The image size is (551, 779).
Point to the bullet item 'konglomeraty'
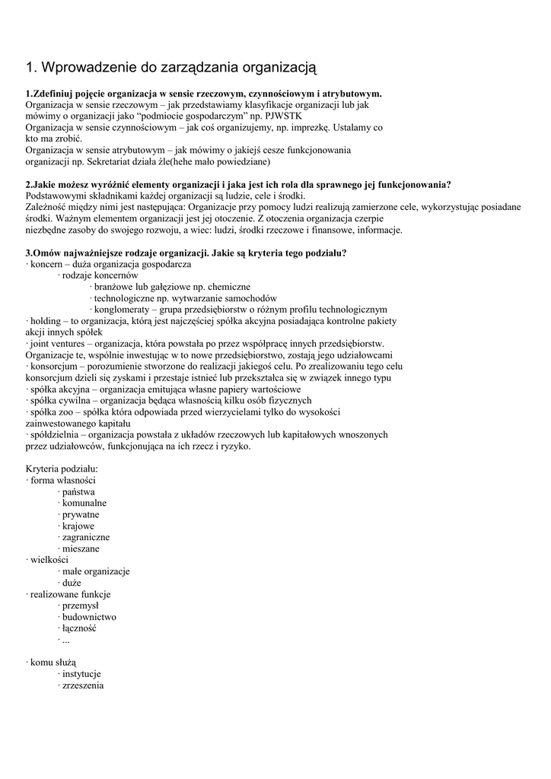[123, 310]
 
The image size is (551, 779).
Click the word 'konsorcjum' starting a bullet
[53, 366]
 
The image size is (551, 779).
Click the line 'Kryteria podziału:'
[62, 469]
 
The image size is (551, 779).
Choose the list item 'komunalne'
[84, 503]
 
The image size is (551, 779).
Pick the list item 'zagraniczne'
[86, 537]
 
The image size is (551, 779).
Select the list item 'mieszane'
[81, 548]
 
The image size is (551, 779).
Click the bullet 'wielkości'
[50, 560]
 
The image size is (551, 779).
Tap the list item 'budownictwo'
[89, 617]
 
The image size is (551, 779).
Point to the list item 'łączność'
[80, 628]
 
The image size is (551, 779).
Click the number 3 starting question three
[28, 253]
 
